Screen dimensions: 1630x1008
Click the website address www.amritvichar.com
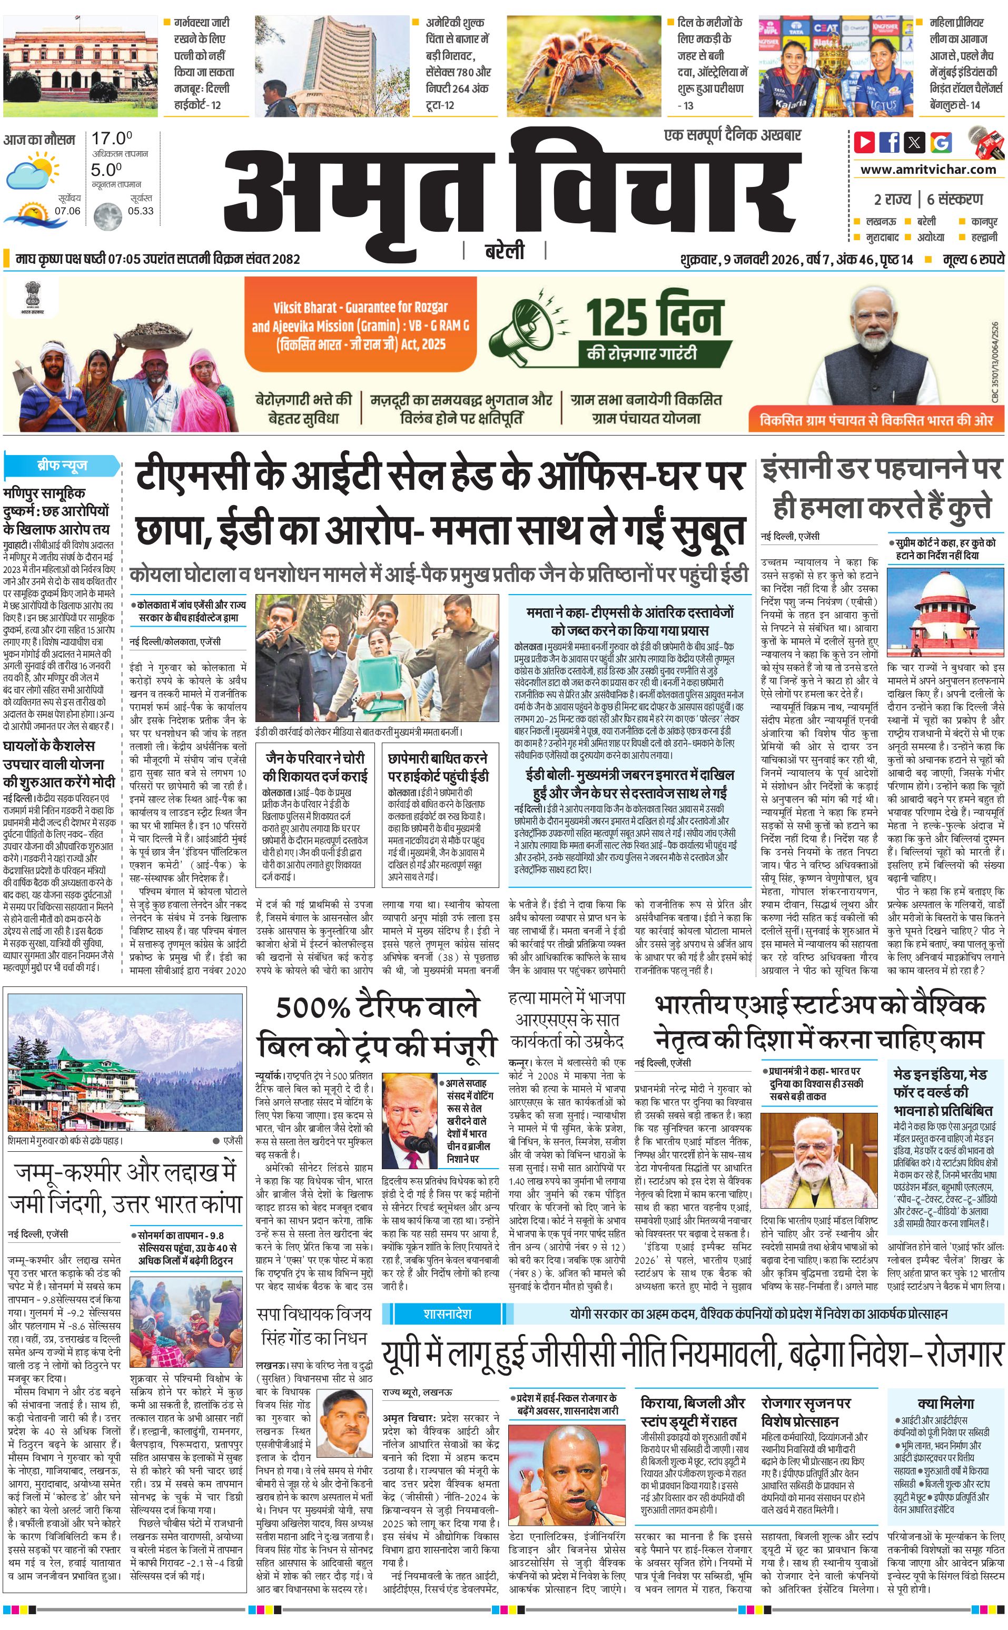click(x=928, y=170)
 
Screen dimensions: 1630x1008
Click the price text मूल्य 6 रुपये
click(x=973, y=259)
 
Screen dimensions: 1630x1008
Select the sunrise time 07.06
click(x=67, y=211)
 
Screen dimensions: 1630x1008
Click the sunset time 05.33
click(x=141, y=211)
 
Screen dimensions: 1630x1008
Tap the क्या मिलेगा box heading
click(x=945, y=1384)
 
